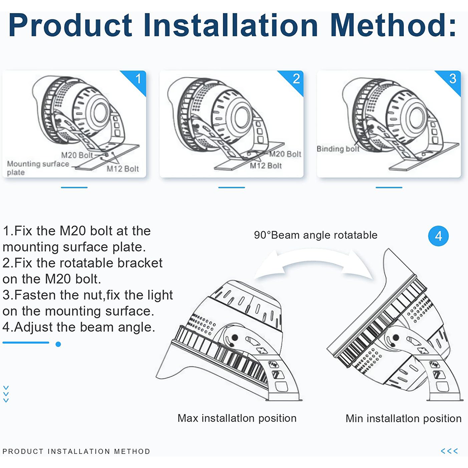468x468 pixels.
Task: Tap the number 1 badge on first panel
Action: click(x=138, y=78)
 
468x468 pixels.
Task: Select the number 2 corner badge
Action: click(x=296, y=78)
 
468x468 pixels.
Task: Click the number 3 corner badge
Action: click(x=453, y=78)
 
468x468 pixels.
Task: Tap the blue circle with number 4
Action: click(x=439, y=236)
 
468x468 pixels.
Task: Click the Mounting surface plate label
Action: click(x=37, y=168)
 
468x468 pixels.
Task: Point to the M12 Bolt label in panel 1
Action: click(x=123, y=169)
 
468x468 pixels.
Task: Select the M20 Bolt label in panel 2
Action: click(x=285, y=154)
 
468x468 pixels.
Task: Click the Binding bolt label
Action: click(x=338, y=149)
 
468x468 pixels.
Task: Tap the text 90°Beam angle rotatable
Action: click(x=315, y=235)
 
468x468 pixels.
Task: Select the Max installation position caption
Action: click(x=237, y=418)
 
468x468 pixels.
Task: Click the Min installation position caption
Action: click(x=403, y=418)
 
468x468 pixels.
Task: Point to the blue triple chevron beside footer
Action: click(x=449, y=451)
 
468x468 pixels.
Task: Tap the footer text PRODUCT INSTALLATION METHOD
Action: click(x=76, y=452)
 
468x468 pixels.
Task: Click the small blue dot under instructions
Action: click(x=58, y=344)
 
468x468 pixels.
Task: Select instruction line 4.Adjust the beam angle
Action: click(x=79, y=327)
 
